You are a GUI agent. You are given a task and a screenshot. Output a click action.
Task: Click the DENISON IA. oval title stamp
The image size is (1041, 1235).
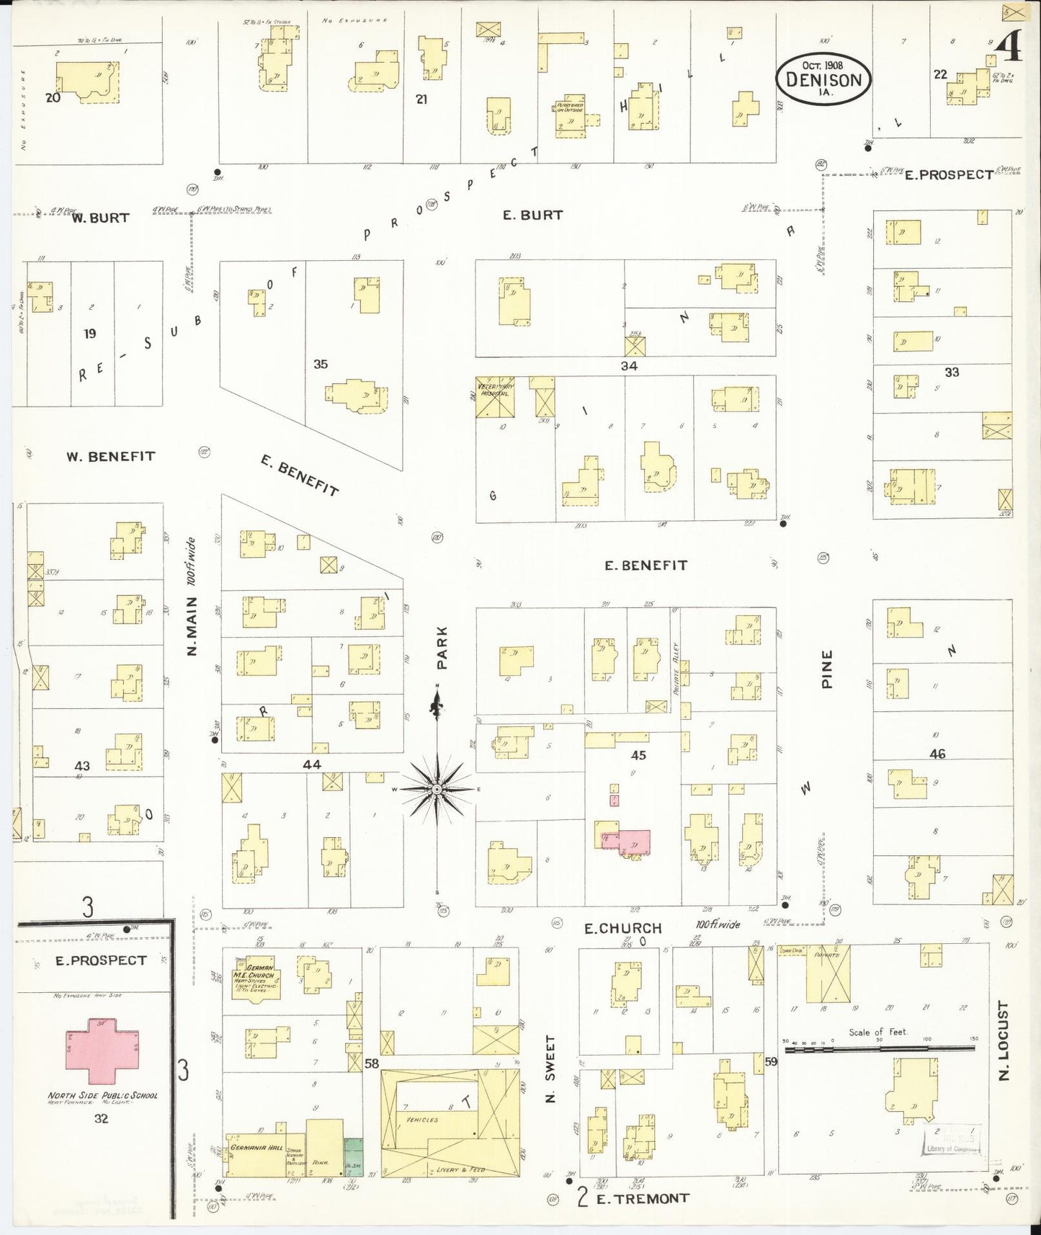click(x=823, y=79)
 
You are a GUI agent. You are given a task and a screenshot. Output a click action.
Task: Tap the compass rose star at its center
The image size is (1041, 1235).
click(x=437, y=790)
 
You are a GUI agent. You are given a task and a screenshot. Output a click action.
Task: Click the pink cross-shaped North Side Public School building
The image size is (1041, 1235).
click(x=102, y=1050)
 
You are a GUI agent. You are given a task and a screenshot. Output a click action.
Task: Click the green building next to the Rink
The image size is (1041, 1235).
click(x=353, y=1157)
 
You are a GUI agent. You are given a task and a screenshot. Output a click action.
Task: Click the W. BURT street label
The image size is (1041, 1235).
click(x=100, y=218)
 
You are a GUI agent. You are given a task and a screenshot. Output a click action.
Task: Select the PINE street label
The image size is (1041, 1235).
click(x=826, y=669)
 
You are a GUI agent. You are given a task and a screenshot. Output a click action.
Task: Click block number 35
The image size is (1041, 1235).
click(x=321, y=364)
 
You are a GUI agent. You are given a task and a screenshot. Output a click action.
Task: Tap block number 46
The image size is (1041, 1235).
click(x=937, y=754)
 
